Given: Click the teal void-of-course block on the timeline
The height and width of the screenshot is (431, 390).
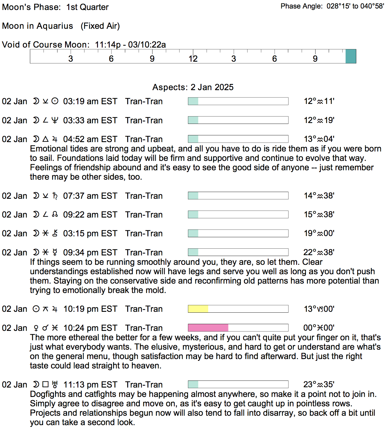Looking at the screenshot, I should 351,56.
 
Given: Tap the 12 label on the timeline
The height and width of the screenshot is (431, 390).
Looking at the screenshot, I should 193,59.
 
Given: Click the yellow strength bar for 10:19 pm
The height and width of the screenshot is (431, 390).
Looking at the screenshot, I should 198,309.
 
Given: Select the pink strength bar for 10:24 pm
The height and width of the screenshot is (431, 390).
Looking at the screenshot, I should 208,328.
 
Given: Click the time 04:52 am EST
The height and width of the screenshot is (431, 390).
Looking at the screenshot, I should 90,139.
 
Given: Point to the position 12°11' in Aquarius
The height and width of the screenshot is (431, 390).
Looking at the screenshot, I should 319,101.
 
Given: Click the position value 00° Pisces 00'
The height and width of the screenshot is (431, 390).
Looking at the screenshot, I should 319,328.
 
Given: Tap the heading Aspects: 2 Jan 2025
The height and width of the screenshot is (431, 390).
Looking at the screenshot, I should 193,87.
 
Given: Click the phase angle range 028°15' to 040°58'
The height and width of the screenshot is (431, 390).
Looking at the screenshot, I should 355,6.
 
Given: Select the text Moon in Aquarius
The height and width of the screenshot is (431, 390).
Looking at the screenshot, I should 38,26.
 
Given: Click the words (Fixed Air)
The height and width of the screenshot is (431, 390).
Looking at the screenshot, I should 100,26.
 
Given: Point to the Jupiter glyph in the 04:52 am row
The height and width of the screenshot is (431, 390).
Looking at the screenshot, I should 55,139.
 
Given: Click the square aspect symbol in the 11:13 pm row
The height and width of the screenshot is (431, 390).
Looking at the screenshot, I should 45,384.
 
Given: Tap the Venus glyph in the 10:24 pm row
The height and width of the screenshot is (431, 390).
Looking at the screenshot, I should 36,328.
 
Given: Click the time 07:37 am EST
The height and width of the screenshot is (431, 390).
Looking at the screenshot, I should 90,196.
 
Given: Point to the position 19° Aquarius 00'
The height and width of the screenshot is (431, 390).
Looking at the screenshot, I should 319,233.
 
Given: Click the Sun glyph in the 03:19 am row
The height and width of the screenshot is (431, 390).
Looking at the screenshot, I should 55,101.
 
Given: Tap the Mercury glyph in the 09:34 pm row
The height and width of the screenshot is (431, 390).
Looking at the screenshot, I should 55,252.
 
